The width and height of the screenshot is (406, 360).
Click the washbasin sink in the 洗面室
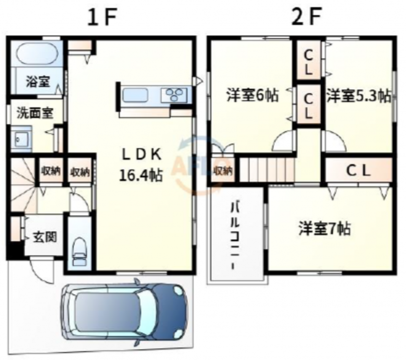click(21, 139)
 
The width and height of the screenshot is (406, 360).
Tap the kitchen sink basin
click(135, 95)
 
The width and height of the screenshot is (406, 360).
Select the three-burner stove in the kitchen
click(174, 95)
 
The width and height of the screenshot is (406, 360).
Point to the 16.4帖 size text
click(141, 175)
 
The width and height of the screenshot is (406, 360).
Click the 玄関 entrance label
click(45, 236)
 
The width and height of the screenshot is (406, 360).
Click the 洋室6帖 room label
click(253, 95)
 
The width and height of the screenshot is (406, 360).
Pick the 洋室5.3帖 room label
click(358, 96)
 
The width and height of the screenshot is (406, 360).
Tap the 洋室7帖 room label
click(325, 228)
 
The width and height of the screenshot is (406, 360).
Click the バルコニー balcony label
click(235, 236)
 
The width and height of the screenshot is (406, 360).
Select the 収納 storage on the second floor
click(223, 170)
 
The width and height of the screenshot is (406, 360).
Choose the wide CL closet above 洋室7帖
click(359, 171)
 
